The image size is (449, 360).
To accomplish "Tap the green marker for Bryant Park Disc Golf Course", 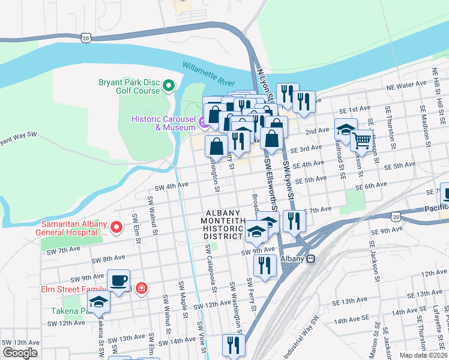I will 169,86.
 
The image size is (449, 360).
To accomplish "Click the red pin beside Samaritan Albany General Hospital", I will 118,227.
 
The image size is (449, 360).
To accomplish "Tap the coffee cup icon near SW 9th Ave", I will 118,281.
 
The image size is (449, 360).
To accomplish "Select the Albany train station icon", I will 310,259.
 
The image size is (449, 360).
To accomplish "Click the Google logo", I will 20,353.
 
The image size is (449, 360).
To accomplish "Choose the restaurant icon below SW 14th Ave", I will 232,346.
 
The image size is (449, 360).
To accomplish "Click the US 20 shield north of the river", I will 86,38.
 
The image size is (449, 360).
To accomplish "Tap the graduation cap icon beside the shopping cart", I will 345,129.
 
